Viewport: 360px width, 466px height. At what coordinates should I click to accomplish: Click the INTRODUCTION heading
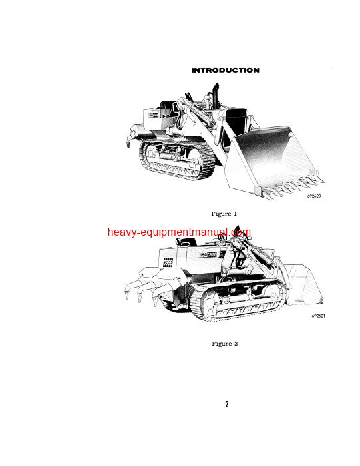[225, 70]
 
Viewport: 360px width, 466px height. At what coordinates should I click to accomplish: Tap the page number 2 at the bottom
[226, 404]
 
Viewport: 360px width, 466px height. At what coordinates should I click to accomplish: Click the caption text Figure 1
[224, 214]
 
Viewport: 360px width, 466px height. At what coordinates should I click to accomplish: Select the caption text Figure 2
[224, 344]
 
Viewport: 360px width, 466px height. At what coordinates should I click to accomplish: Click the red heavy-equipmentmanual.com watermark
[180, 232]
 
